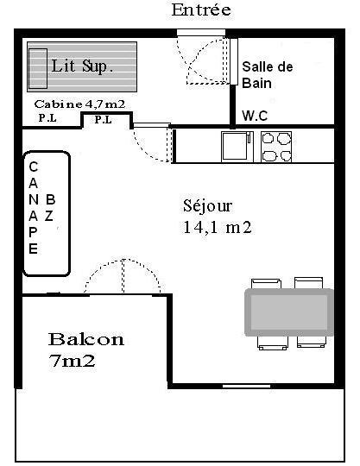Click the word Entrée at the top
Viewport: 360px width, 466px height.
click(201, 9)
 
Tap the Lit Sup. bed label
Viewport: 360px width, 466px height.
click(82, 66)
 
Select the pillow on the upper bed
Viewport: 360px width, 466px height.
click(38, 68)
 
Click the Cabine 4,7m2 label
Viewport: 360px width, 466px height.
click(79, 104)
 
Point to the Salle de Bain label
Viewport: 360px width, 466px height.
click(268, 75)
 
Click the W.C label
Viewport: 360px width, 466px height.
click(255, 116)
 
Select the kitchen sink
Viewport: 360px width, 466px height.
click(237, 147)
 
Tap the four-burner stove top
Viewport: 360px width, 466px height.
click(276, 147)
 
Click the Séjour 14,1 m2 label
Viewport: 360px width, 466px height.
click(217, 217)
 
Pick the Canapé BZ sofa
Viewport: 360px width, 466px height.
click(47, 214)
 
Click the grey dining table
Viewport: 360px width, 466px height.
click(289, 312)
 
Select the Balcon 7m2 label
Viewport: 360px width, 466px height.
click(86, 349)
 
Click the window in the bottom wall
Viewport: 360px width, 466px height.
click(246, 386)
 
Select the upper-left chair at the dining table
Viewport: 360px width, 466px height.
click(266, 283)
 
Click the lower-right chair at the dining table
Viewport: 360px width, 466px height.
click(312, 342)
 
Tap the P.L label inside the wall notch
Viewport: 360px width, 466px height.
click(103, 120)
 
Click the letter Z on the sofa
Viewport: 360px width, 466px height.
click(49, 216)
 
